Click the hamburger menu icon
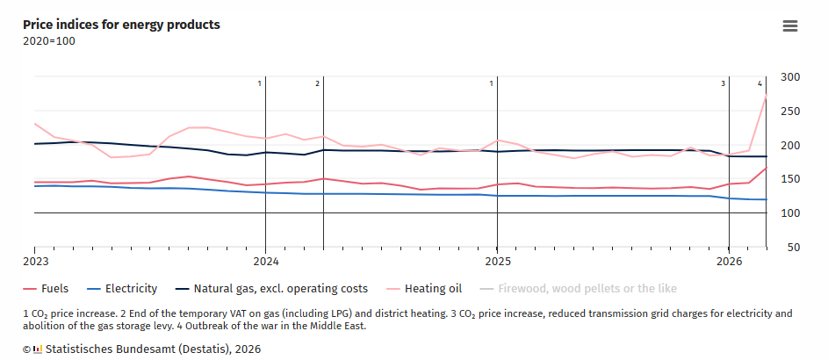coord(790,25)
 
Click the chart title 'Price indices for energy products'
coord(121,25)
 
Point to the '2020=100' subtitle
coord(49,41)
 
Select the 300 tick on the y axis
coord(790,77)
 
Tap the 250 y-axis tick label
coord(790,112)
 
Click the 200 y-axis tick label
coord(790,146)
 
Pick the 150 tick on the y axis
coord(790,179)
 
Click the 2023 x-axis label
coord(35,261)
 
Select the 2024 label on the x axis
coord(266,261)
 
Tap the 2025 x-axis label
coord(497,261)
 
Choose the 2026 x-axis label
coord(729,261)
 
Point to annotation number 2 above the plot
coord(317,83)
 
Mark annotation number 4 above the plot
coord(760,83)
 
